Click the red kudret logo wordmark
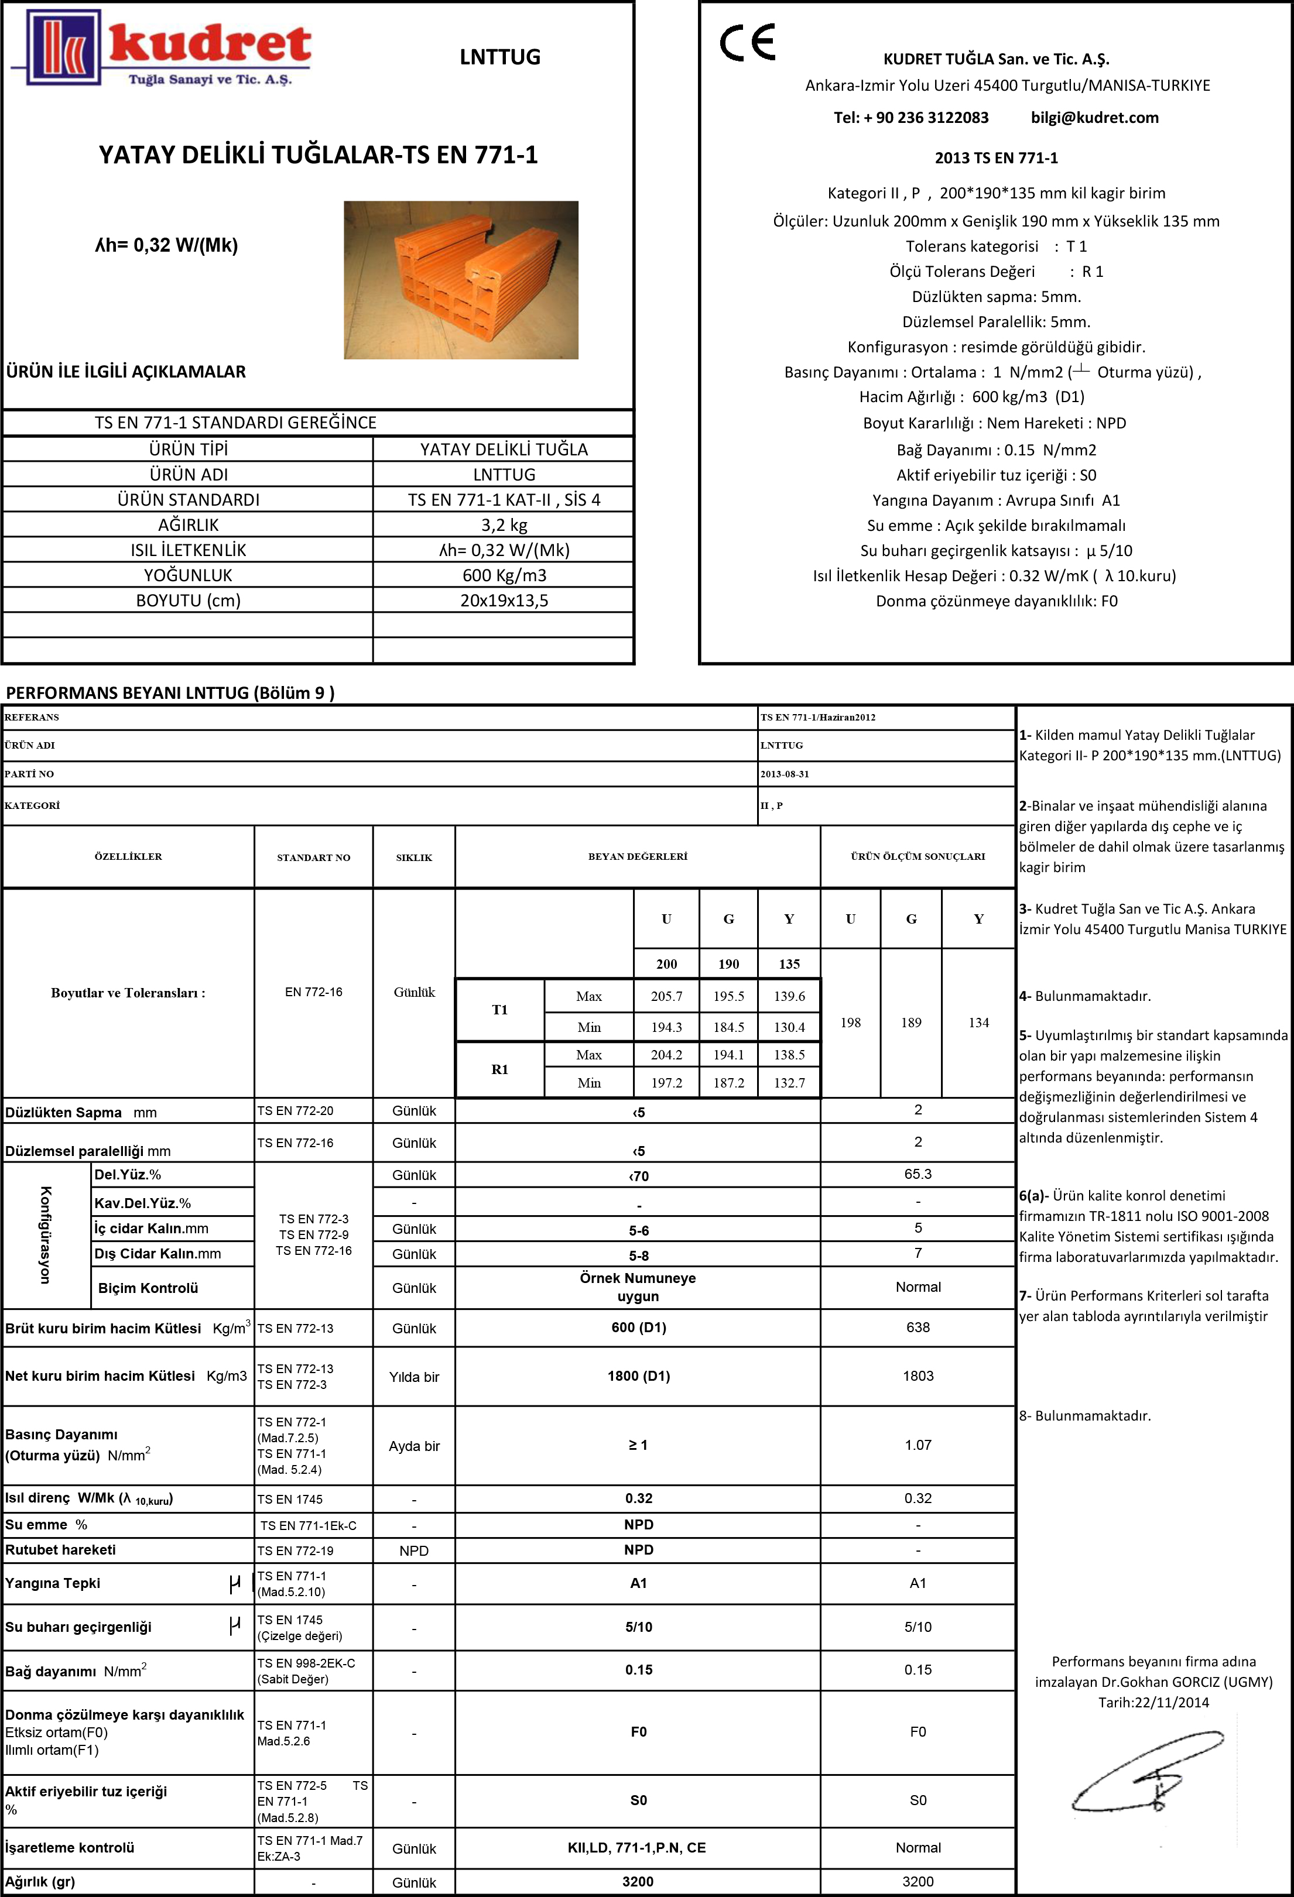point(209,46)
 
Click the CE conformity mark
point(747,43)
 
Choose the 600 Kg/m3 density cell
point(504,575)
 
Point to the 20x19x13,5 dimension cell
point(504,601)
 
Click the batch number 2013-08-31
point(785,774)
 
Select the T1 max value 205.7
point(666,996)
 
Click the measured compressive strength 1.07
point(918,1445)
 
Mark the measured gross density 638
point(918,1327)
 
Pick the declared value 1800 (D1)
point(638,1376)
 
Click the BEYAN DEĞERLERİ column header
point(638,856)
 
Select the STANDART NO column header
point(313,857)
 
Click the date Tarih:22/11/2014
point(1153,1703)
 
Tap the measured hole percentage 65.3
point(918,1174)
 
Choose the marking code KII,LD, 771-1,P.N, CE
point(637,1847)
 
